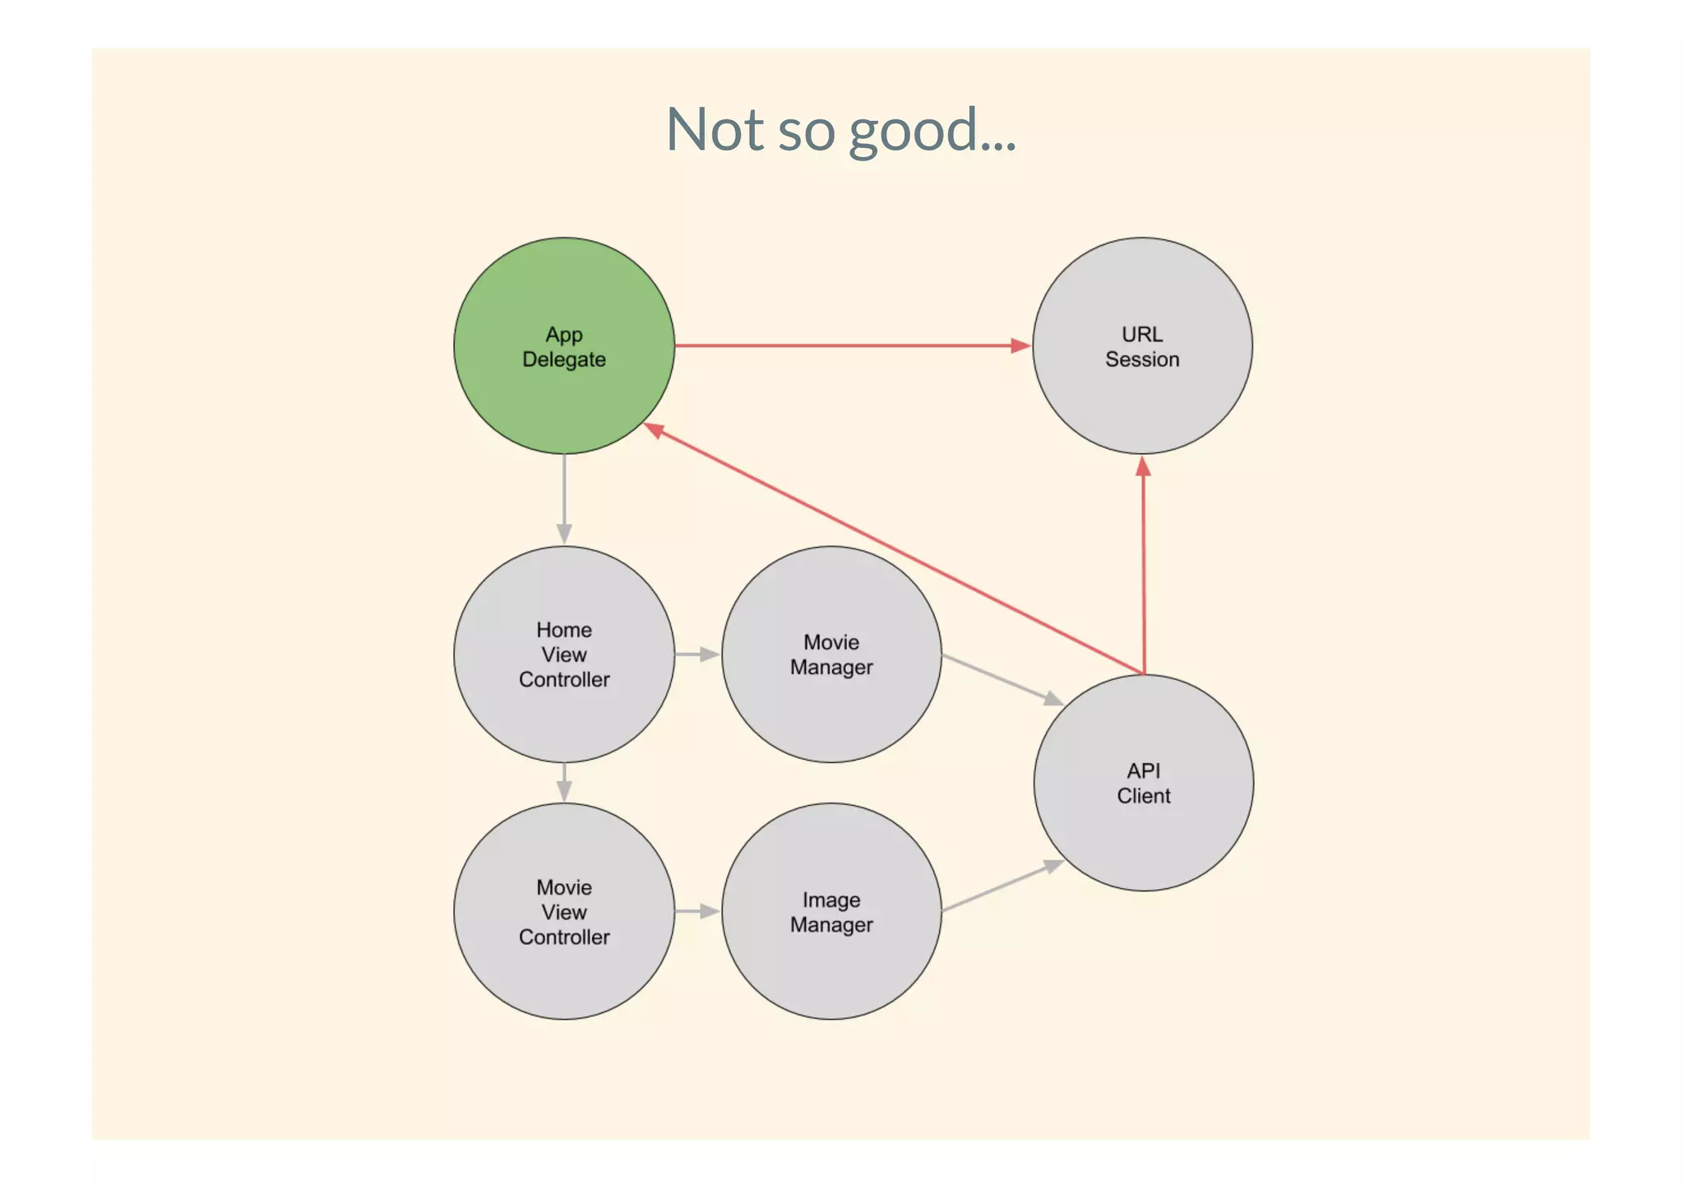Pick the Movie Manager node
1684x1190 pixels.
(831, 707)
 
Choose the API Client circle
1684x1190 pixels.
(1144, 839)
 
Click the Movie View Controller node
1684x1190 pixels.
(564, 979)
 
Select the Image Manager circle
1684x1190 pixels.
(831, 970)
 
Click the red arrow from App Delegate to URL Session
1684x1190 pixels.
(851, 345)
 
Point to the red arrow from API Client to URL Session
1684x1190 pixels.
(1144, 567)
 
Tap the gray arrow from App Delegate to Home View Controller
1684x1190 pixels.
(564, 498)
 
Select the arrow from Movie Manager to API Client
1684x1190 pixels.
(1002, 679)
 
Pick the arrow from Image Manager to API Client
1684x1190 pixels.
(1002, 886)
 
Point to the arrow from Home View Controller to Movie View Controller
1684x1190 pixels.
(564, 782)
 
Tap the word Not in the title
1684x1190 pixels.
(714, 130)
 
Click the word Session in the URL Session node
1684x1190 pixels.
(1142, 359)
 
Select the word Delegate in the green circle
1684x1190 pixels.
(564, 359)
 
